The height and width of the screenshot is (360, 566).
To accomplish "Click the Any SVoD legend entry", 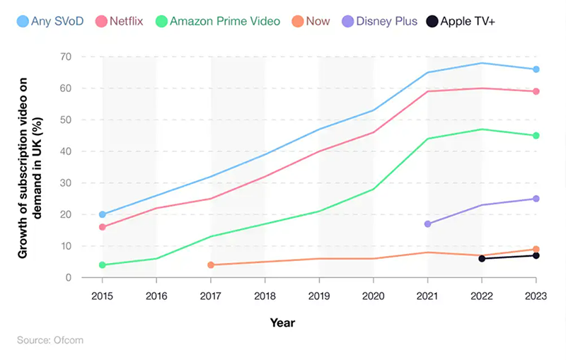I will pyautogui.click(x=50, y=21).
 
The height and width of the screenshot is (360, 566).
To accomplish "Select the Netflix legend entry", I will pyautogui.click(x=117, y=21).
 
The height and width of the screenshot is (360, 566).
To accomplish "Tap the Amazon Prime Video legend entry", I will pyautogui.click(x=219, y=21).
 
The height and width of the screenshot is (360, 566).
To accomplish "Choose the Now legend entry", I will pyautogui.click(x=311, y=21).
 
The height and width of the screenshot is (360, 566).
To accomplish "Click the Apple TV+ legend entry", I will pyautogui.click(x=461, y=21).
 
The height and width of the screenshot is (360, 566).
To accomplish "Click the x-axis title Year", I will pyautogui.click(x=282, y=323).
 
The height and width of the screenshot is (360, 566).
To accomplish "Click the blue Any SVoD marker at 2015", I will pyautogui.click(x=103, y=214).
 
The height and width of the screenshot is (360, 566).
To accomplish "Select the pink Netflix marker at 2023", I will pyautogui.click(x=536, y=91).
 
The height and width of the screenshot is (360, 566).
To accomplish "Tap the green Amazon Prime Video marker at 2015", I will pyautogui.click(x=103, y=265).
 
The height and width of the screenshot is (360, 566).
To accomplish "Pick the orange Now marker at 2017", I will pyautogui.click(x=211, y=265).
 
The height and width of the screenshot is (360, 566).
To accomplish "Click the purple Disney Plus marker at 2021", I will pyautogui.click(x=427, y=223).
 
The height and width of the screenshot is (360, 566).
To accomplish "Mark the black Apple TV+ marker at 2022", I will pyautogui.click(x=482, y=259).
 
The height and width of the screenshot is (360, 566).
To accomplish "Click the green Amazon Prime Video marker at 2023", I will pyautogui.click(x=536, y=136).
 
